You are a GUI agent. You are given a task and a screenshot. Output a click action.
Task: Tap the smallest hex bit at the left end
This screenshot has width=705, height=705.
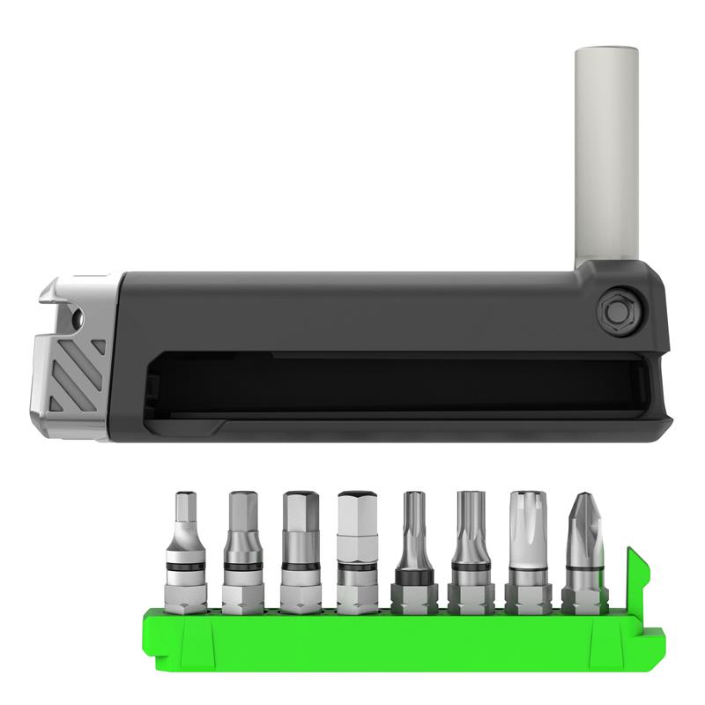click(186, 546)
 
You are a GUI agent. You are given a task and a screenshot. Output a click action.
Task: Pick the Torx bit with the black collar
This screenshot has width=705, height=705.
click(412, 546)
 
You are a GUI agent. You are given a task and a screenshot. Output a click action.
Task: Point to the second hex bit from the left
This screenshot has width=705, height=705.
click(241, 546)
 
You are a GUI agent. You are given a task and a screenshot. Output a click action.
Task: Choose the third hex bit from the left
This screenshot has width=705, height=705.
click(298, 546)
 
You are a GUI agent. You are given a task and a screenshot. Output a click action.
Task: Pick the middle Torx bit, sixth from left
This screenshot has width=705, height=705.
click(469, 546)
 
